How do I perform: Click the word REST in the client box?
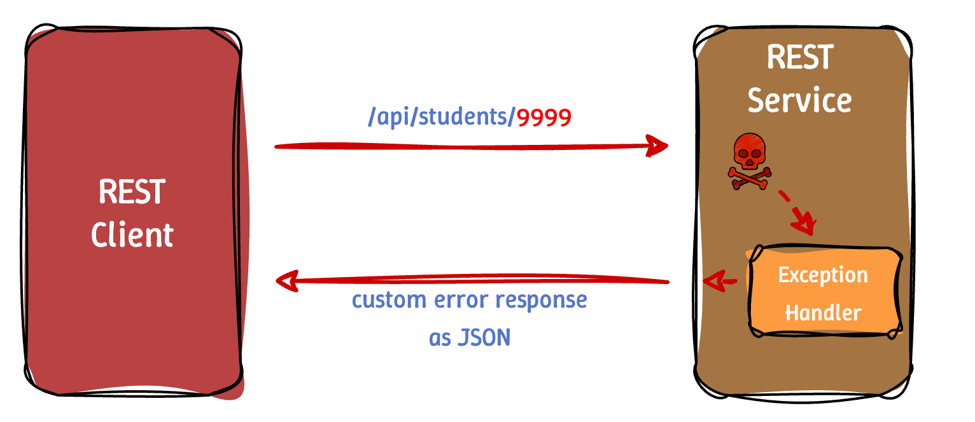point(132,191)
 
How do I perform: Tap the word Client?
point(132,235)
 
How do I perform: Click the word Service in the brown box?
point(799,100)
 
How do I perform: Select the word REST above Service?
point(799,57)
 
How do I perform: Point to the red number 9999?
point(544,118)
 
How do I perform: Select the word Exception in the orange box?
point(823,275)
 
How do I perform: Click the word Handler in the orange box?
point(823,313)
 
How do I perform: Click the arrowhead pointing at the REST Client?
point(286,280)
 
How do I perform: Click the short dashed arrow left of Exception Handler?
point(719,280)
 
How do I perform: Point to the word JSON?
point(484,337)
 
